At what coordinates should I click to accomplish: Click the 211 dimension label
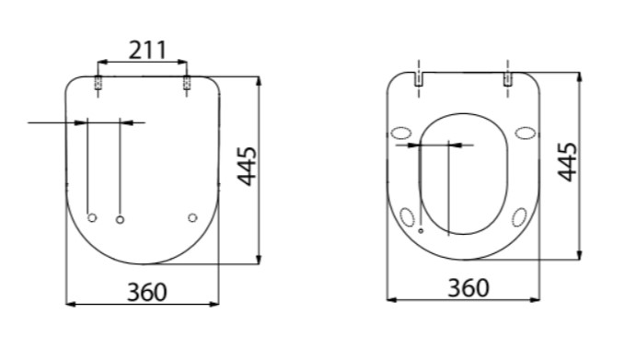click(147, 51)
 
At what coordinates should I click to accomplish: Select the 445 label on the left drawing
click(247, 167)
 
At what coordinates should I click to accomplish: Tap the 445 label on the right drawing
click(567, 162)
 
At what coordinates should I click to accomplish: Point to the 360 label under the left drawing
click(147, 292)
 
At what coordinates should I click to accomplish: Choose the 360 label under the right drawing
click(468, 288)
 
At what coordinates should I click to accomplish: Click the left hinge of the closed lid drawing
click(98, 83)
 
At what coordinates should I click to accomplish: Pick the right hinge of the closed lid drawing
click(187, 83)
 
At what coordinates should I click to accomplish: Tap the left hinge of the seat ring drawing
click(419, 79)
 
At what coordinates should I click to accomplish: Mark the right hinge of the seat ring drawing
click(508, 79)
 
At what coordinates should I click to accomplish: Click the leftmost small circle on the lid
click(92, 218)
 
